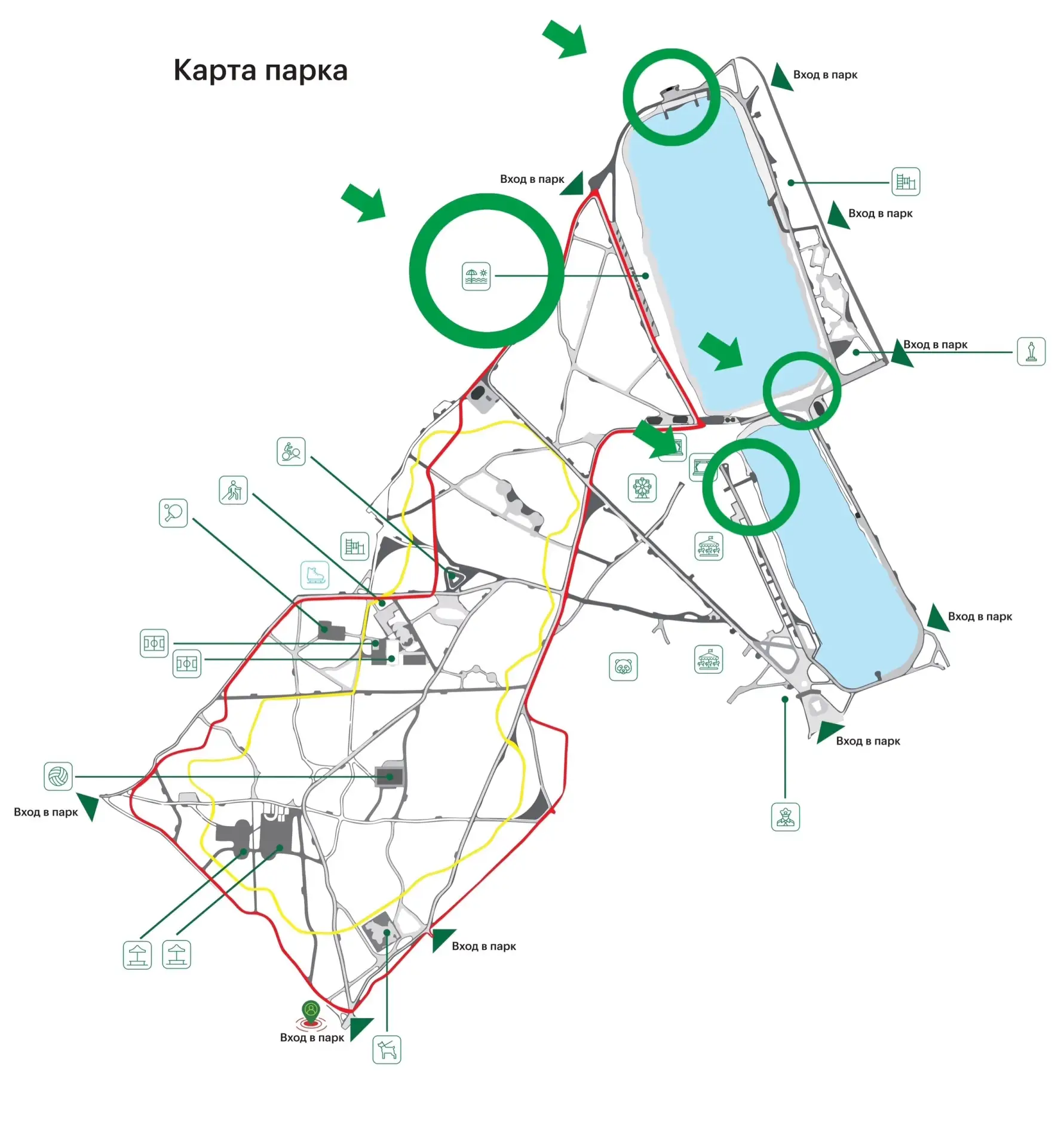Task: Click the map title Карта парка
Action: pos(260,70)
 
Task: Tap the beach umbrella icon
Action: pos(476,276)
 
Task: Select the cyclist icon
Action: pos(291,452)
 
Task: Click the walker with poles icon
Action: pos(233,490)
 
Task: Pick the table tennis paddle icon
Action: pos(173,513)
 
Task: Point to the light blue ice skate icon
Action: pos(315,575)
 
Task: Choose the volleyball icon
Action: pos(58,777)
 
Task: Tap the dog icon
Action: pos(387,1050)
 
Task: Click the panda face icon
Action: pos(623,667)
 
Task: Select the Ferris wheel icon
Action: pos(642,487)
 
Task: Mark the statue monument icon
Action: pos(1031,351)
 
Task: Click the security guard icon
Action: pos(786,817)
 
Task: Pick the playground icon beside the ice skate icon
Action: pos(355,546)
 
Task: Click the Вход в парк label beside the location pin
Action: pos(312,1038)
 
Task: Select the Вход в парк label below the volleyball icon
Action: pos(46,812)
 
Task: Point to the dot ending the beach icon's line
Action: pos(646,276)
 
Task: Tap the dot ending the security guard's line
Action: pos(785,700)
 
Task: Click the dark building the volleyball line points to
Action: pos(390,777)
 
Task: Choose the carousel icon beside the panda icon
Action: pos(709,660)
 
